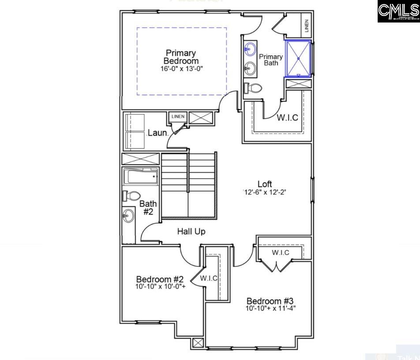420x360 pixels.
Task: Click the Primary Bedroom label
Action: (181, 57)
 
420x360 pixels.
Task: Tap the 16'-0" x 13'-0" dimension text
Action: (181, 69)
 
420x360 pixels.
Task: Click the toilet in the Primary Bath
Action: (253, 88)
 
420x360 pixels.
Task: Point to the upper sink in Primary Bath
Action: (250, 49)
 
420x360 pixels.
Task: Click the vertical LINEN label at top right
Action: (307, 26)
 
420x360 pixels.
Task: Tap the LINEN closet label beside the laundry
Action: (178, 117)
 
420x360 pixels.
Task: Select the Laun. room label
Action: (157, 132)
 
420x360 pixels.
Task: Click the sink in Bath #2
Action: (128, 216)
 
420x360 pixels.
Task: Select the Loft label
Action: (265, 184)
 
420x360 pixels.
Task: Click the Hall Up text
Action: (191, 231)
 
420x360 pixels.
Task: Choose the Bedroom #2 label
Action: (160, 279)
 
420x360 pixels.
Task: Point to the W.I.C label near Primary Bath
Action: (287, 118)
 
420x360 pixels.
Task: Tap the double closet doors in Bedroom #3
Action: (276, 266)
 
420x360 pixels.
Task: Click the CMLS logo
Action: (398, 11)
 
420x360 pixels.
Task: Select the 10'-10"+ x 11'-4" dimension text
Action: (270, 308)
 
